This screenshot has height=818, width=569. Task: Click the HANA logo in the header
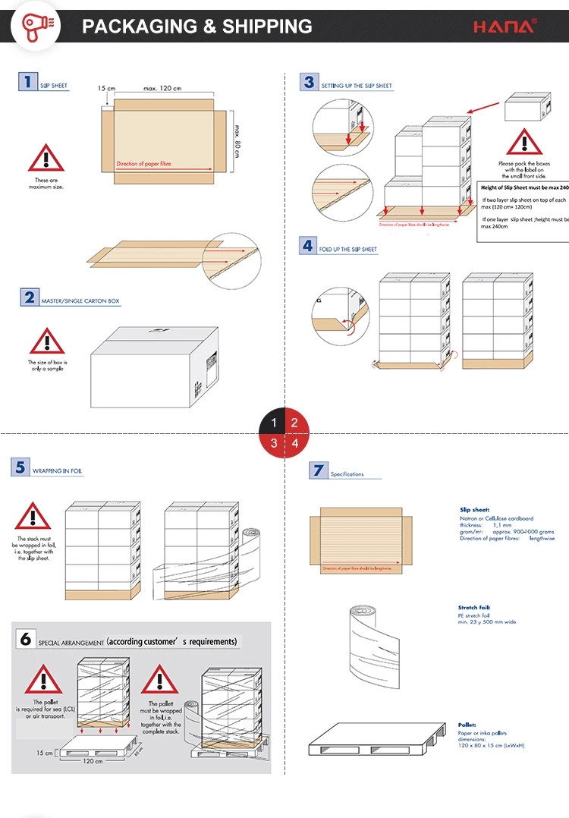click(x=505, y=27)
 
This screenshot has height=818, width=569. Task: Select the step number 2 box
click(x=29, y=297)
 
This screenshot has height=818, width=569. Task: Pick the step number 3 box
click(x=308, y=82)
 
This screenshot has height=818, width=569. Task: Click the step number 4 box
click(x=307, y=245)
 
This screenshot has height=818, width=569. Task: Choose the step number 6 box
click(x=25, y=640)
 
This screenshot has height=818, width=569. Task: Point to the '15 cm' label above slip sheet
click(x=106, y=89)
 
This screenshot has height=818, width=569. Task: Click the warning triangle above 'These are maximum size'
click(x=46, y=158)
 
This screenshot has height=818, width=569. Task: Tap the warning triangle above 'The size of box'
click(x=47, y=342)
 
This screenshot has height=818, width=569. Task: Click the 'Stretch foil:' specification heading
click(x=473, y=608)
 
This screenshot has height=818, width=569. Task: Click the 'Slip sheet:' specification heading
click(x=474, y=510)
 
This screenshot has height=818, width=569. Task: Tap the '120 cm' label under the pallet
click(x=93, y=761)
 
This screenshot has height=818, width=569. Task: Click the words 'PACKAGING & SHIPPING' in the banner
click(x=197, y=27)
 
